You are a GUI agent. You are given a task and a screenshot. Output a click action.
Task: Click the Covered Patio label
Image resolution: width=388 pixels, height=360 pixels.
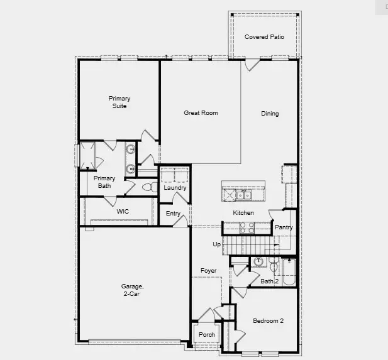[264, 37]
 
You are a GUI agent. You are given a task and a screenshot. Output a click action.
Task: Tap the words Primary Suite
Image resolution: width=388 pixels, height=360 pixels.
[119, 102]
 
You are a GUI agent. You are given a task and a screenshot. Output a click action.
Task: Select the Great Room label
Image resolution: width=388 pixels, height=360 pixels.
[201, 113]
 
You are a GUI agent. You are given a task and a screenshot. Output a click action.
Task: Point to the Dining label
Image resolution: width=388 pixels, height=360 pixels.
[270, 114]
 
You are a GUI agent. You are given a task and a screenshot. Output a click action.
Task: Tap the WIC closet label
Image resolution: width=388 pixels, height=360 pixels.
[123, 212]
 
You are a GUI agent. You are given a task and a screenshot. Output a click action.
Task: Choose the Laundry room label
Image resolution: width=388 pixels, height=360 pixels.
[174, 188]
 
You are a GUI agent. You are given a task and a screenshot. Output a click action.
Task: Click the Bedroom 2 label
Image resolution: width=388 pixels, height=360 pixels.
[268, 321]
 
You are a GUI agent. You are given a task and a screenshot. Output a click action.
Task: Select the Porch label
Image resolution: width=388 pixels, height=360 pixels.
[206, 335]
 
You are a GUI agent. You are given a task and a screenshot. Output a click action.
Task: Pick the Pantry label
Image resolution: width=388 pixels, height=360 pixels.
[284, 227]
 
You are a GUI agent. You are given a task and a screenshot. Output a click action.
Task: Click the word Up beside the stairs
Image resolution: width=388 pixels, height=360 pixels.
[217, 244]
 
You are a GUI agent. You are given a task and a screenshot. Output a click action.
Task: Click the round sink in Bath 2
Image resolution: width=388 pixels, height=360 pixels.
[258, 262]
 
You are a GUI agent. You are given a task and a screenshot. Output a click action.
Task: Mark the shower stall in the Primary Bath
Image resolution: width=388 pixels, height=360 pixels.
[87, 155]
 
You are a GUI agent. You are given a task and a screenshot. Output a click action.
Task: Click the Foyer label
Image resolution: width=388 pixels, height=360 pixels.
[209, 271]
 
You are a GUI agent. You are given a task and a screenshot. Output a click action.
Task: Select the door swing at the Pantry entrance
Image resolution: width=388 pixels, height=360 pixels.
[275, 214]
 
